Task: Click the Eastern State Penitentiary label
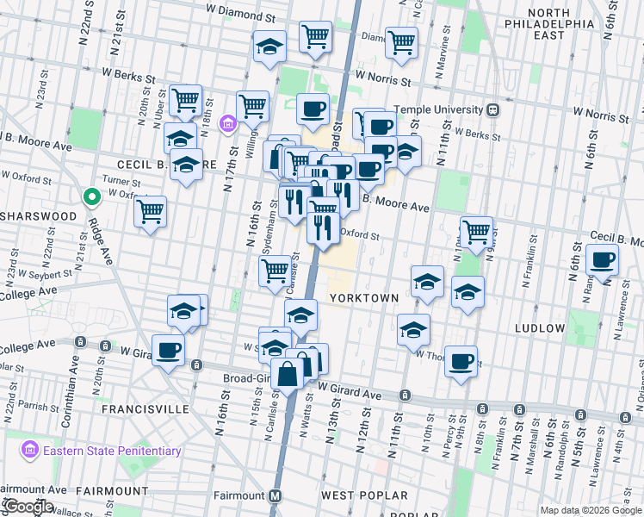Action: coord(112,450)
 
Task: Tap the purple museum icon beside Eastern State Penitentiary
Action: coord(31,450)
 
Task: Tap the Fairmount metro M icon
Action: coord(276,496)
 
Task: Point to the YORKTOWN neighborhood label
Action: coord(364,298)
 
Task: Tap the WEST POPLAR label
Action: coord(364,495)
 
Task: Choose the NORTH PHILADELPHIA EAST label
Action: coord(562,24)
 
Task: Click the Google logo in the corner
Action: coord(28,507)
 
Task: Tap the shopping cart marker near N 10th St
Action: coord(476,230)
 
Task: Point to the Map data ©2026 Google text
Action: coord(591,510)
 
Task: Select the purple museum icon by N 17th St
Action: coord(227,124)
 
